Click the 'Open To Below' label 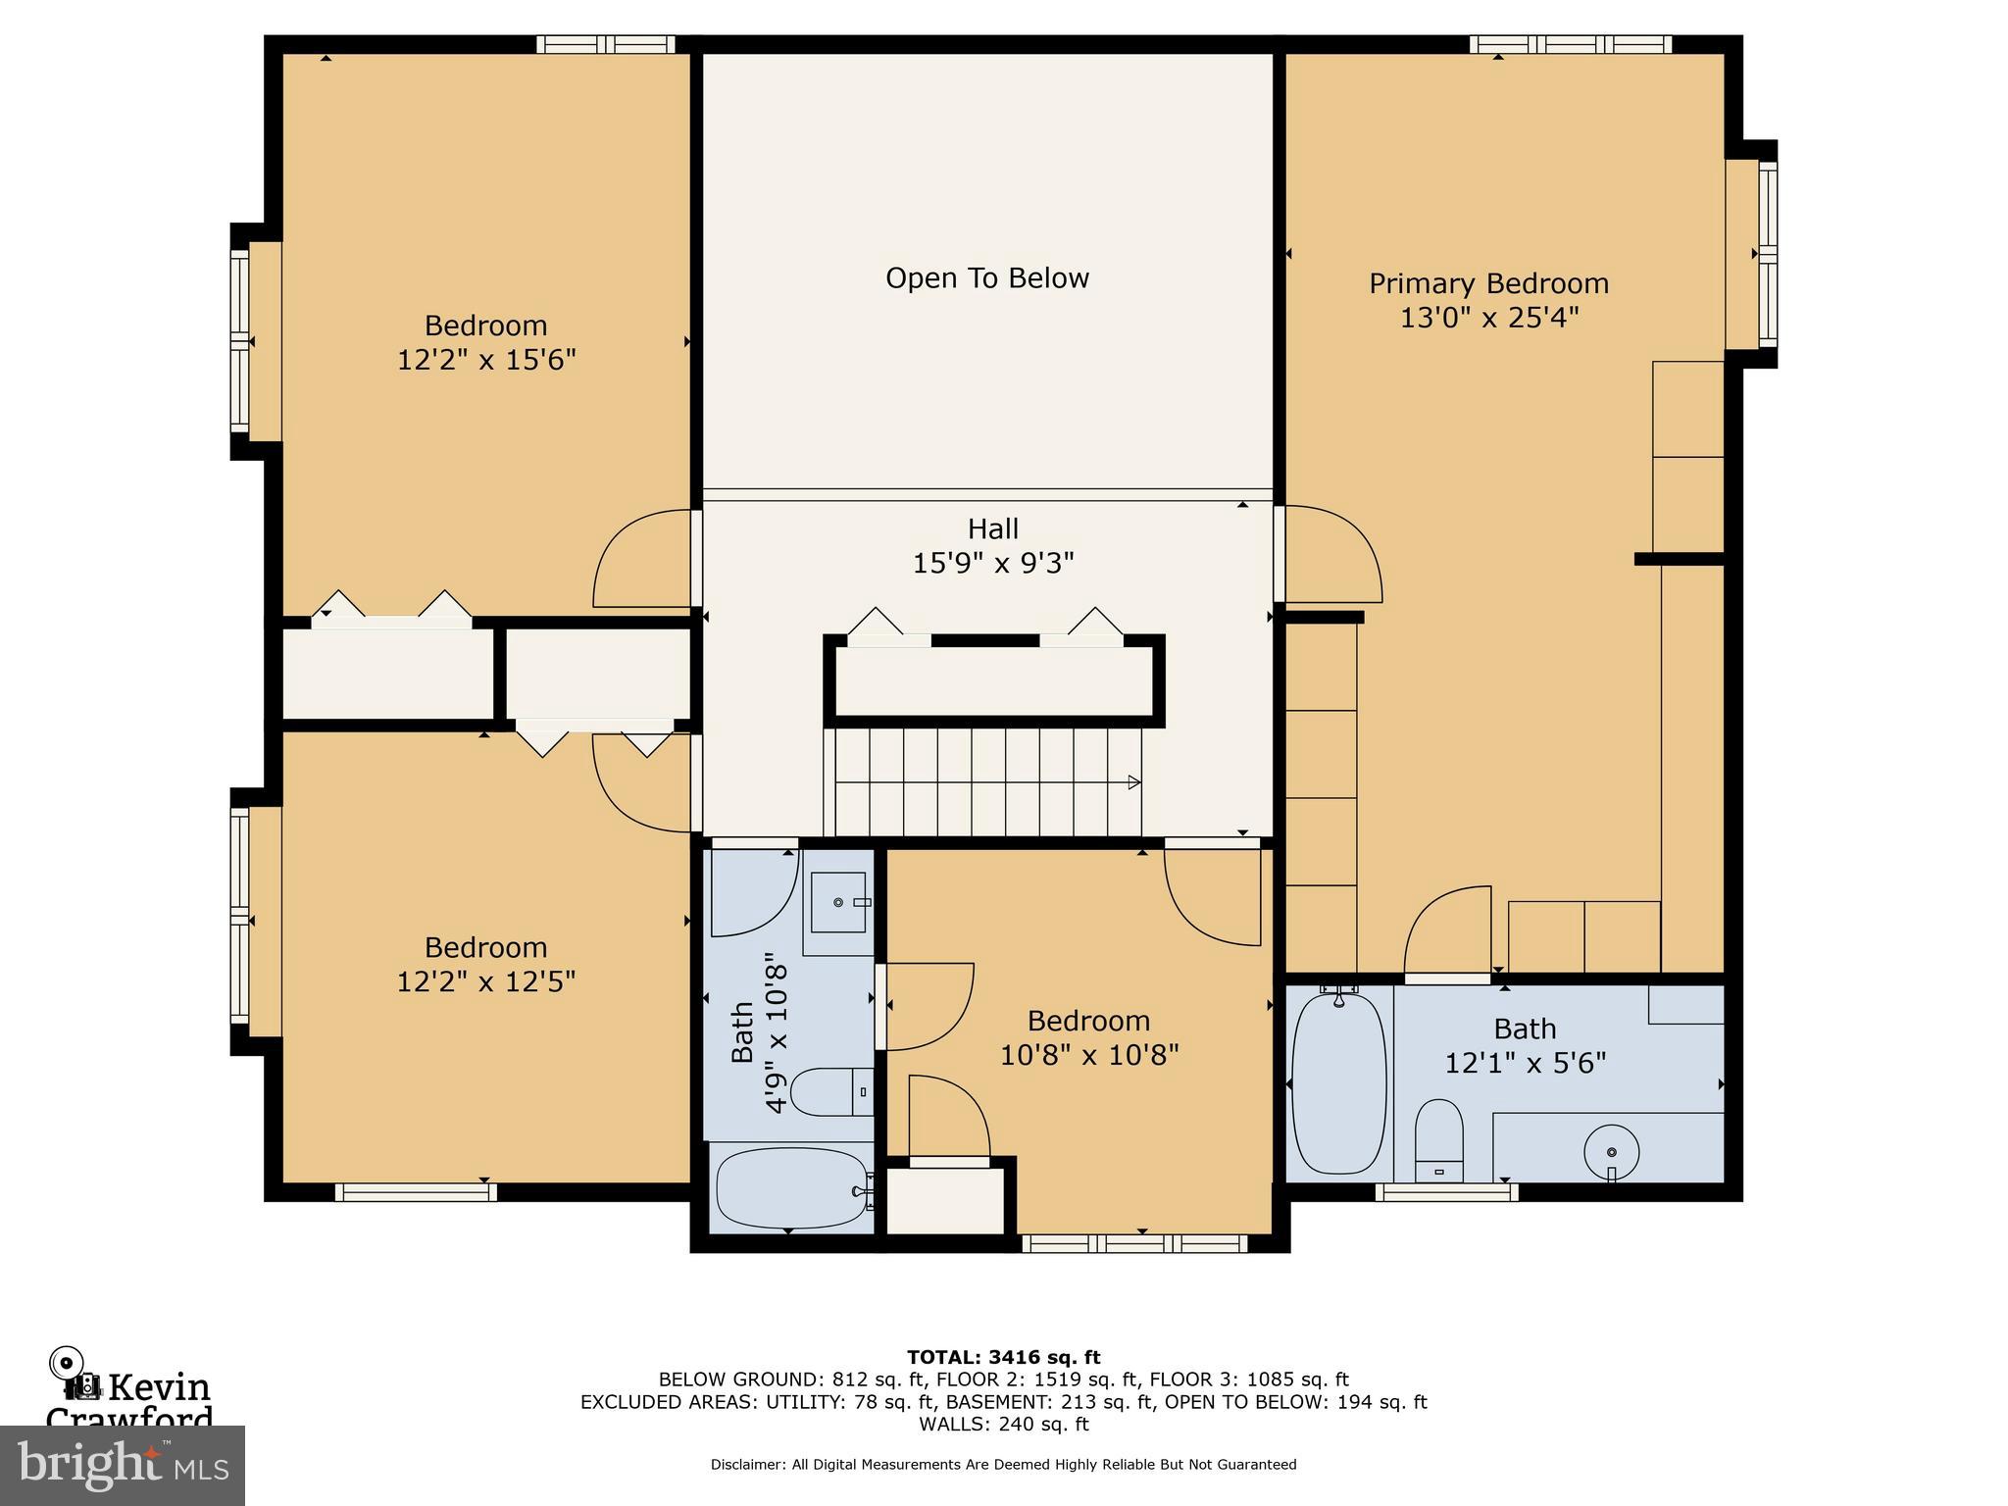tap(986, 278)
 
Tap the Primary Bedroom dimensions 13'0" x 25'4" tap(1488, 318)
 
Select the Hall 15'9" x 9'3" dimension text tap(992, 564)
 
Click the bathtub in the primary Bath tap(1338, 1083)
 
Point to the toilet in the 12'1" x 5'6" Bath tap(1438, 1140)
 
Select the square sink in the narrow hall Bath tap(838, 901)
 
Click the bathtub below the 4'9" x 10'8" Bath tap(792, 1188)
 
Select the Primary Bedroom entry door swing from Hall tap(1331, 554)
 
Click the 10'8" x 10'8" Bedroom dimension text tap(1088, 1055)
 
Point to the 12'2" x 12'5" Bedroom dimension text tap(485, 981)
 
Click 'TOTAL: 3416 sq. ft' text tap(1003, 1357)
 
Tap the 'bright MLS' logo tap(122, 1465)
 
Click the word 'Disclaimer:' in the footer tap(747, 1465)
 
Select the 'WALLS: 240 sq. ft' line tap(1003, 1425)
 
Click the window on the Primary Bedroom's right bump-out tap(1767, 253)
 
